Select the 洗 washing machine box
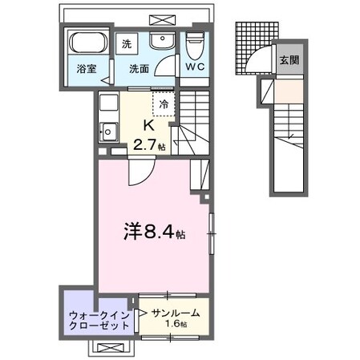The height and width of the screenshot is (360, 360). [127, 44]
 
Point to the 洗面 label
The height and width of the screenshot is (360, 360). [139, 69]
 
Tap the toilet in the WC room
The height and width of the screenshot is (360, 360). [195, 45]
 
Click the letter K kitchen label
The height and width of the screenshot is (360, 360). [148, 125]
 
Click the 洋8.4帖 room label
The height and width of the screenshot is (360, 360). [153, 233]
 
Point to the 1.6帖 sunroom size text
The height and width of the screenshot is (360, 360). [177, 324]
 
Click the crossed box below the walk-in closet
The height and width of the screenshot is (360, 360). [111, 347]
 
